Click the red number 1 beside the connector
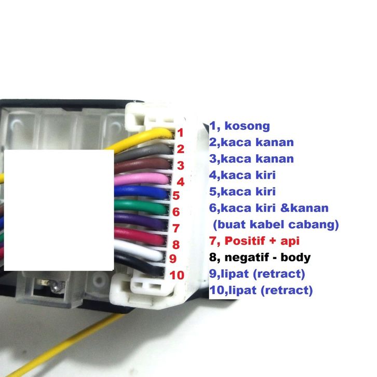pyautogui.click(x=180, y=133)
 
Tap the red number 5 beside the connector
pyautogui.click(x=176, y=196)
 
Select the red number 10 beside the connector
pyautogui.click(x=177, y=275)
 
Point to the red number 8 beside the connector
pyautogui.click(x=176, y=244)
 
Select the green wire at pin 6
pyautogui.click(x=143, y=207)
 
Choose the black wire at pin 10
pyautogui.click(x=143, y=266)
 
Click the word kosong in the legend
pyautogui.click(x=247, y=126)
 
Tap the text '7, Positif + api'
pyautogui.click(x=254, y=241)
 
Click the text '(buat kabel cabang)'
pyautogui.click(x=276, y=225)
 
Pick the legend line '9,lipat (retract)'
pyautogui.click(x=257, y=274)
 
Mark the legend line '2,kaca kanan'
pyautogui.click(x=252, y=142)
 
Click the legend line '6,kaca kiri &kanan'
pyautogui.click(x=269, y=208)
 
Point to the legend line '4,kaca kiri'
pyautogui.click(x=243, y=176)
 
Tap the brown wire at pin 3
pyautogui.click(x=143, y=165)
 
